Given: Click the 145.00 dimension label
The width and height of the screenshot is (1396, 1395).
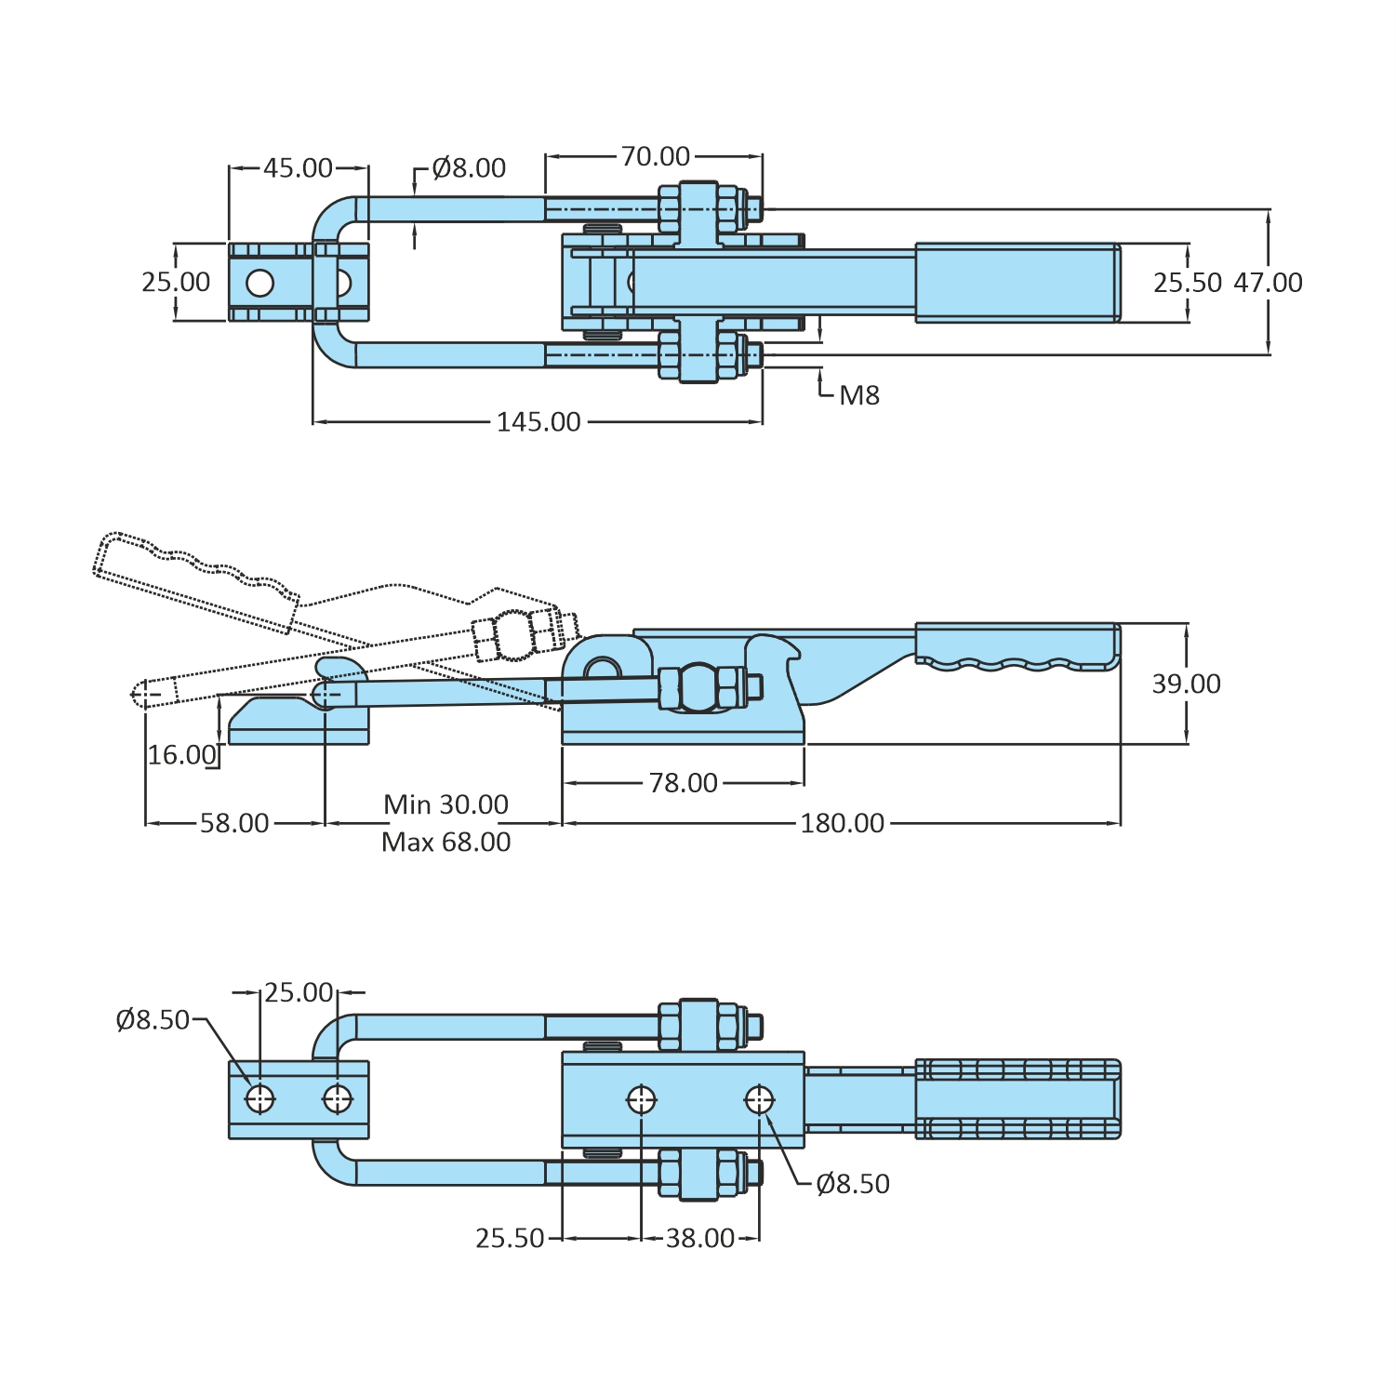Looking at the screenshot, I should tap(538, 422).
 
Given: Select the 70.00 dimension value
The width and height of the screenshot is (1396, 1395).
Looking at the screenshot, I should tap(656, 156).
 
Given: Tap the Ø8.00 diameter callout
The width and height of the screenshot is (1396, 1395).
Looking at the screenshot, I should tap(470, 168).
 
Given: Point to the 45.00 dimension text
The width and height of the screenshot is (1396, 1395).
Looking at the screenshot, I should tap(298, 168).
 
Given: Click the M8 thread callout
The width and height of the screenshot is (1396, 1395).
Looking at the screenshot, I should tap(859, 396).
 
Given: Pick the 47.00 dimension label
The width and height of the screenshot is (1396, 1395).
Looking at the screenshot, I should tap(1268, 283).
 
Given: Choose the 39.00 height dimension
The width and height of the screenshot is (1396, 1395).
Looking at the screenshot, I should tap(1186, 684).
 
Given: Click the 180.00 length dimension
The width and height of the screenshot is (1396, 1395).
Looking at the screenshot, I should tap(843, 823).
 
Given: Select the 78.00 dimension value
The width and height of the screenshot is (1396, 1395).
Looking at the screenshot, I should tap(684, 783).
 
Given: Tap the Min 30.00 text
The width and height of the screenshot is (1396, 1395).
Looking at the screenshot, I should tap(446, 804).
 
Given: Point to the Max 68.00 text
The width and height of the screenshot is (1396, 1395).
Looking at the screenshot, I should tap(446, 843).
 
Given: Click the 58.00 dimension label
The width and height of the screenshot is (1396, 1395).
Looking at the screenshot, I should tap(234, 823).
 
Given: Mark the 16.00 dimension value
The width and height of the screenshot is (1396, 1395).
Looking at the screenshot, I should tap(182, 755).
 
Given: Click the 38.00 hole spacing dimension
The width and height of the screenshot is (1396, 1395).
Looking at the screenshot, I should tap(700, 1239).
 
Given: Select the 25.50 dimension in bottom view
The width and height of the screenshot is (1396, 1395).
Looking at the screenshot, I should tap(510, 1239).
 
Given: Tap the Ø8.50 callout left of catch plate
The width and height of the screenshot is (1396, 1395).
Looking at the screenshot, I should tap(153, 1020).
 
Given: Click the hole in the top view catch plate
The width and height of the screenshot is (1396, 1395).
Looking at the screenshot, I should tap(260, 283).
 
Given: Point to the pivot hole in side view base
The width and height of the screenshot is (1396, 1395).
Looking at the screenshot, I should tap(602, 670).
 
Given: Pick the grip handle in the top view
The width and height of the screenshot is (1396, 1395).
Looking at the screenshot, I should tap(1017, 283).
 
